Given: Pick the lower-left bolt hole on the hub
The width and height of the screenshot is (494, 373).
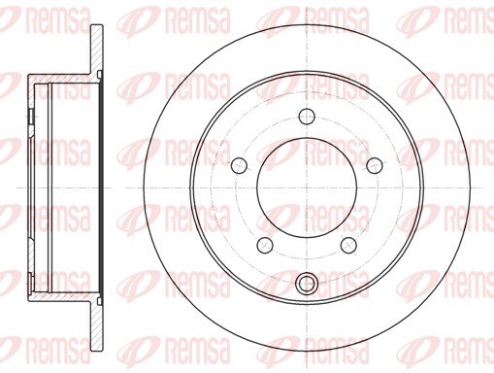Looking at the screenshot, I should pos(265,243).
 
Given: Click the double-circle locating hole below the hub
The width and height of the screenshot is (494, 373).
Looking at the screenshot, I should pos(307,285).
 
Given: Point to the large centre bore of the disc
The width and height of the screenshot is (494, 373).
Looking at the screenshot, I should pos(307,186).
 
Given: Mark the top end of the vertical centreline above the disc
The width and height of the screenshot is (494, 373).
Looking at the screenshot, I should pos(307,6).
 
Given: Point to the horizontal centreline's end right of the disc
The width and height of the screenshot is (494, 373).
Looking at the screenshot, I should pos(485,186).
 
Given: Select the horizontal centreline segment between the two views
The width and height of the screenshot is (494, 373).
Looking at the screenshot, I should pos(124,186).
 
